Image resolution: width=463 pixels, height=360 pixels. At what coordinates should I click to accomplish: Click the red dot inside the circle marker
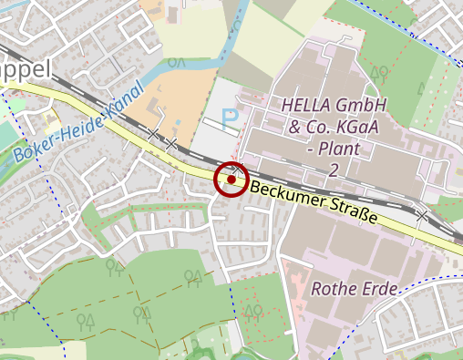(x=231, y=180)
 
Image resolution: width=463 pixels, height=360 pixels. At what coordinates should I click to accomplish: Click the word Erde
(x=382, y=290)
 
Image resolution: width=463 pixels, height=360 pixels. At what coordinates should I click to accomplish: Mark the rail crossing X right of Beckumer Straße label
(x=422, y=216)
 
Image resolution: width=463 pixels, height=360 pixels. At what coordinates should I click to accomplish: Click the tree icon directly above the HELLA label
(x=378, y=72)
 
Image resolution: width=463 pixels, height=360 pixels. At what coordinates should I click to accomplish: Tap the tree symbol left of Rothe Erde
(x=254, y=311)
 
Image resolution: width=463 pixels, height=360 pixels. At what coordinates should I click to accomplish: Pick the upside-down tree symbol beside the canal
(x=177, y=62)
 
